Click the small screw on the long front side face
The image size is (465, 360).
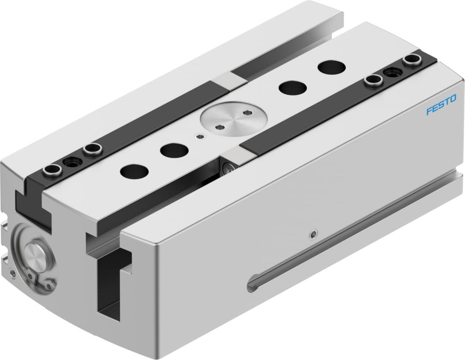pyautogui.click(x=313, y=234)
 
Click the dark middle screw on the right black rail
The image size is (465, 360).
pyautogui.click(x=390, y=72)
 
